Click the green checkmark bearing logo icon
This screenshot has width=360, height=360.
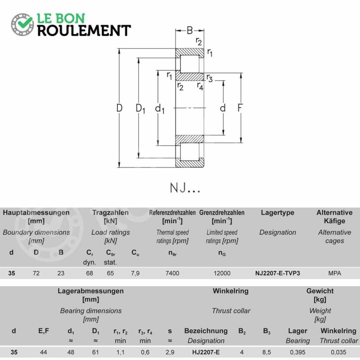tap(22, 25)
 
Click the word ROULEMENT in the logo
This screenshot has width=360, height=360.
tap(84, 31)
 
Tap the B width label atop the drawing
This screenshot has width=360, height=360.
tap(189, 30)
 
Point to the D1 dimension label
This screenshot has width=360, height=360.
tap(140, 108)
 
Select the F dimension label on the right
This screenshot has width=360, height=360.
tap(240, 108)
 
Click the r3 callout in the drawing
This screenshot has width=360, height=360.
tap(209, 78)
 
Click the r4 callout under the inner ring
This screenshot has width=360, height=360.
tap(200, 86)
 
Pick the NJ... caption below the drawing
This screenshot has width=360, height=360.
tap(185, 188)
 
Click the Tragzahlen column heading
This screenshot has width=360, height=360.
tap(110, 212)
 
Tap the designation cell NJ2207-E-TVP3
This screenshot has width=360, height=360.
tap(277, 273)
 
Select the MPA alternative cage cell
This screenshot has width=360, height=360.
tap(334, 273)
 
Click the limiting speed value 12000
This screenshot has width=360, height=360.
tap(222, 273)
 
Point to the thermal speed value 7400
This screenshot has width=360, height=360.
tap(172, 273)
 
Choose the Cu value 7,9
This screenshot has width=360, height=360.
tap(135, 274)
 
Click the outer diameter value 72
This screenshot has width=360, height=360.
tap(36, 273)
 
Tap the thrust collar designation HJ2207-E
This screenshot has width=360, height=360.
tap(206, 352)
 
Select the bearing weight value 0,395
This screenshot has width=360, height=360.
tap(297, 352)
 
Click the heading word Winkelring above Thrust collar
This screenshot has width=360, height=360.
tap(230, 291)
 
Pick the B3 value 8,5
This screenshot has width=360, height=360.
tap(266, 352)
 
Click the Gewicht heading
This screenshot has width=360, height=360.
tap(320, 291)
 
